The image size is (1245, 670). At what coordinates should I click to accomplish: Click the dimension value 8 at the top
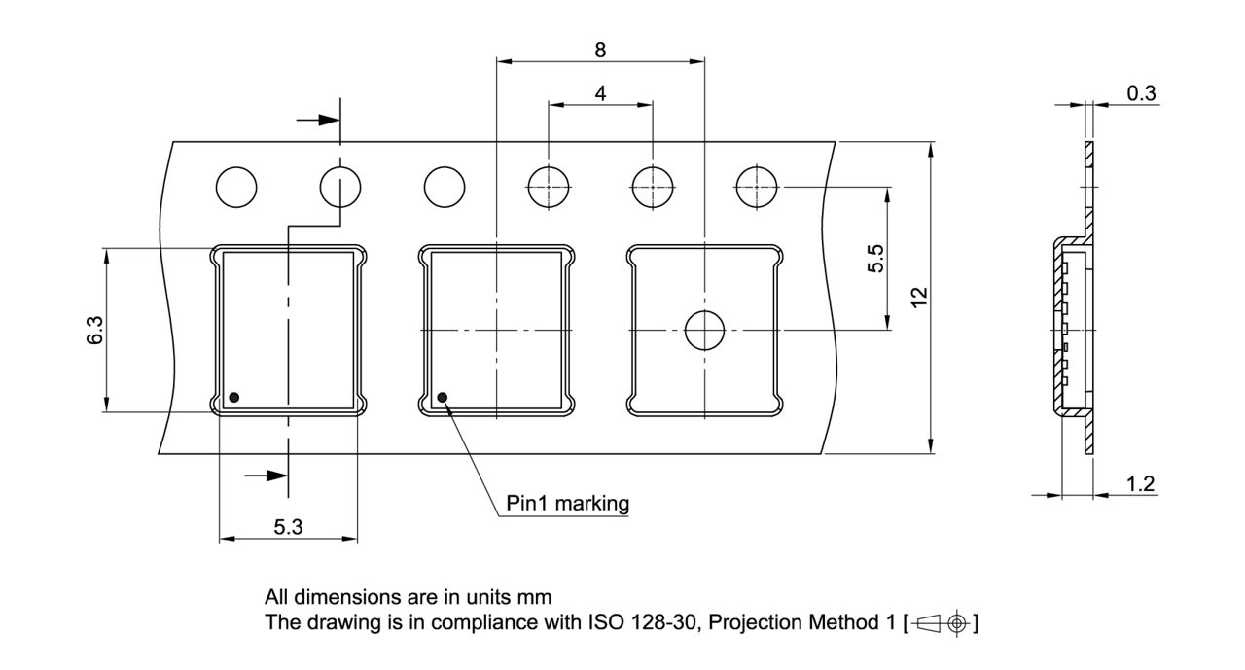click(600, 48)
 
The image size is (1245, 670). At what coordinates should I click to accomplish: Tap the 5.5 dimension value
click(874, 259)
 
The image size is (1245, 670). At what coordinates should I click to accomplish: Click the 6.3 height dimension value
click(93, 331)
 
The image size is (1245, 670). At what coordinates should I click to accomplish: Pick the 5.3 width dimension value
click(287, 527)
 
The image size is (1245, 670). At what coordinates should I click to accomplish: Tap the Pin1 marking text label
click(568, 504)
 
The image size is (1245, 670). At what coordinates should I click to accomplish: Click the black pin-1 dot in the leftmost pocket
click(234, 397)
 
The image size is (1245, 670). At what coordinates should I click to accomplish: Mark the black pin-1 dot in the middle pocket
click(443, 397)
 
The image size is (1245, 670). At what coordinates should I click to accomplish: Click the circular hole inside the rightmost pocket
click(704, 332)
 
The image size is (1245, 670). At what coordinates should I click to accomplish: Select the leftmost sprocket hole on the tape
click(236, 187)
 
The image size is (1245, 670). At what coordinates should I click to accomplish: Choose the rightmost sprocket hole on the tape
click(757, 186)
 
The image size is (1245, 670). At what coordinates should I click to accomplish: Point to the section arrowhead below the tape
click(276, 476)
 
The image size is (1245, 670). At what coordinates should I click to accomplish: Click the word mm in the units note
click(538, 596)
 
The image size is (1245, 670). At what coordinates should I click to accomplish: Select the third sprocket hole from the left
click(445, 187)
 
